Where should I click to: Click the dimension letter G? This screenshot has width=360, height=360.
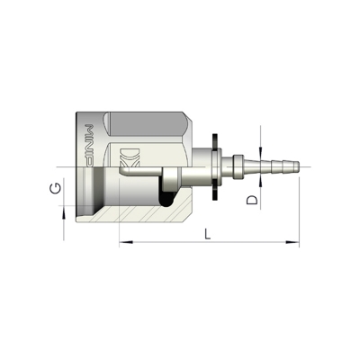coord(56,188)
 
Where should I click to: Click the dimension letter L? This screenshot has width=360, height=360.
coord(208,234)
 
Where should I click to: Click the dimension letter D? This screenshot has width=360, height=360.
coord(252,200)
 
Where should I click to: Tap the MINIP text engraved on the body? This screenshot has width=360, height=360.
coord(89,145)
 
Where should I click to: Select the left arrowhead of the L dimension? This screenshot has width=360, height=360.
coord(126,242)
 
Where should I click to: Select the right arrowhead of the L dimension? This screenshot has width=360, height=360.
coord(292,242)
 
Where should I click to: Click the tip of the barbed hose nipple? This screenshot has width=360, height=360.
coord(299,166)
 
